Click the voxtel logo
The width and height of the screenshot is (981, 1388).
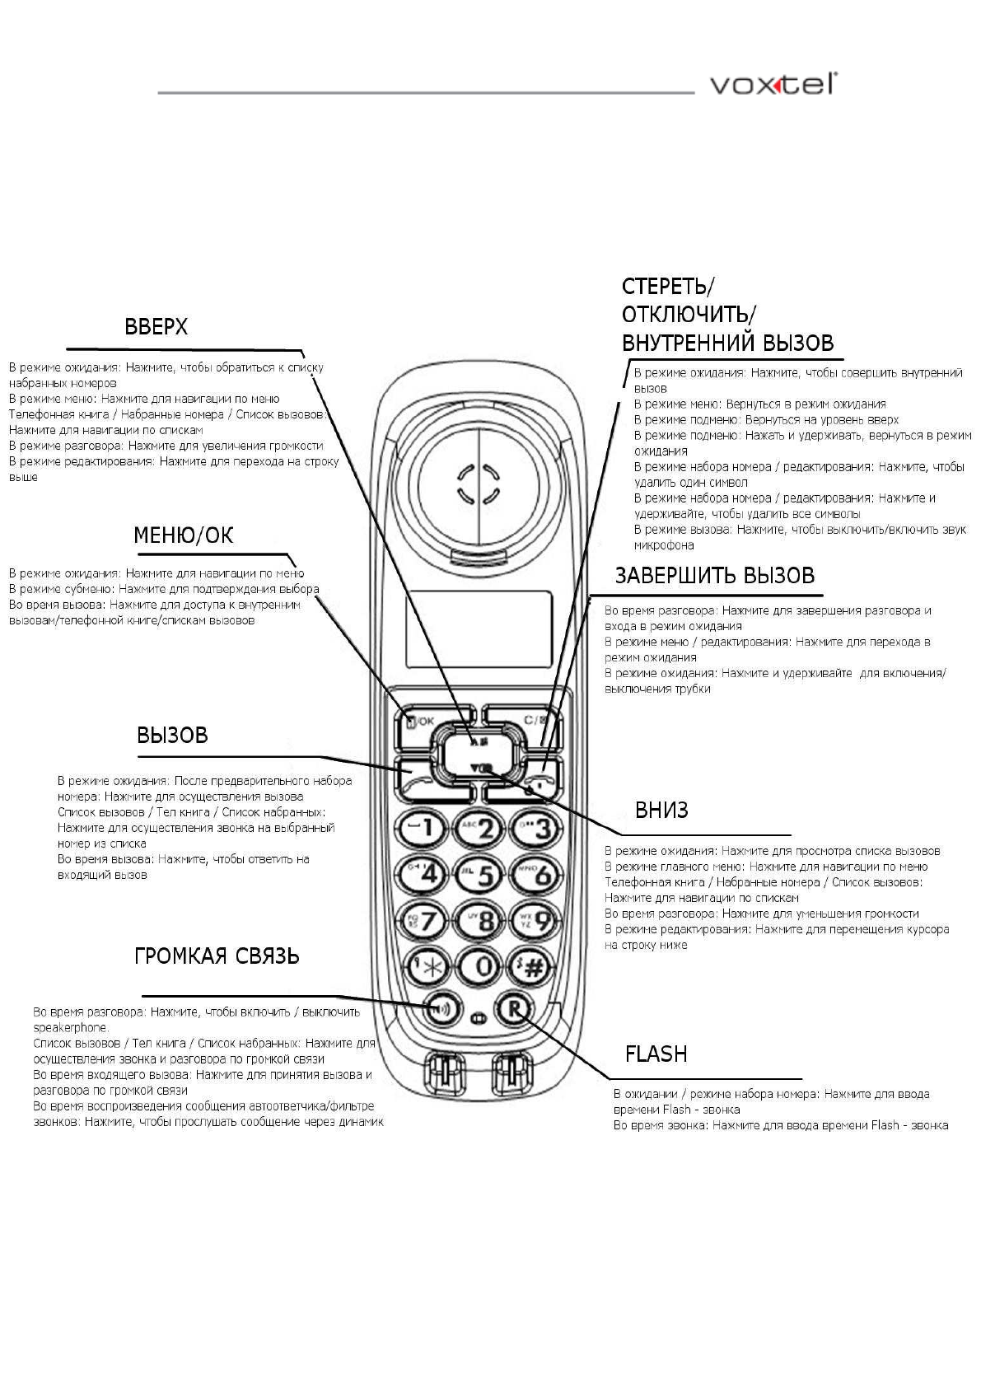tap(773, 85)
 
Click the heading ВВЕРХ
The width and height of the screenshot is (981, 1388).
tap(156, 327)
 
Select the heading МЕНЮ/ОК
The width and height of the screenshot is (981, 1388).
tap(183, 535)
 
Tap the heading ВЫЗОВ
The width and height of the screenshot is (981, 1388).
tap(172, 735)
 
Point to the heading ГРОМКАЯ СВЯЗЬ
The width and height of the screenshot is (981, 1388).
tap(217, 956)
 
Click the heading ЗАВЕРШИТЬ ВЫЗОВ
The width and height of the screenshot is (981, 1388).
tap(714, 576)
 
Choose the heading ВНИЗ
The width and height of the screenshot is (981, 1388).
tap(661, 811)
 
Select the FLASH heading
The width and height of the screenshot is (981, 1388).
tap(656, 1054)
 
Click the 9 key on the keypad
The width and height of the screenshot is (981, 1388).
tap(535, 920)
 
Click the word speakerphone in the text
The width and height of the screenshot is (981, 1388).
tap(70, 1028)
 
